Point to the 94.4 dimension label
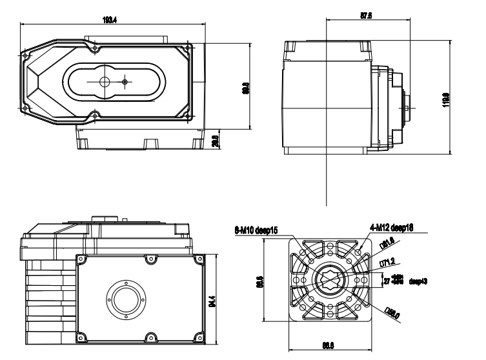pyautogui.click(x=212, y=301)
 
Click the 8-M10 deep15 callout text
pyautogui.click(x=257, y=229)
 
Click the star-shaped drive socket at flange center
pyautogui.click(x=330, y=281)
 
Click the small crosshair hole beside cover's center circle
pyautogui.click(x=125, y=81)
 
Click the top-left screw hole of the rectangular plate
pyautogui.click(x=82, y=260)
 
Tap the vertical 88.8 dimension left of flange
pyautogui.click(x=258, y=282)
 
